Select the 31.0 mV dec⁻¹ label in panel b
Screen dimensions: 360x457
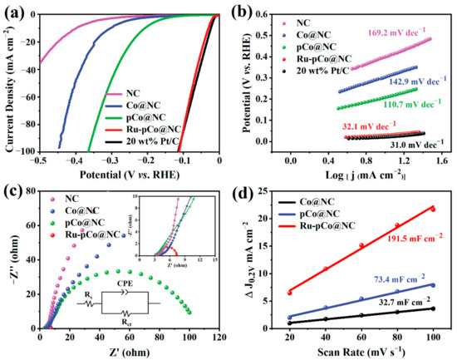point(392,144)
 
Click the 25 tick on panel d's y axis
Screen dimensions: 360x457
point(265,193)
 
